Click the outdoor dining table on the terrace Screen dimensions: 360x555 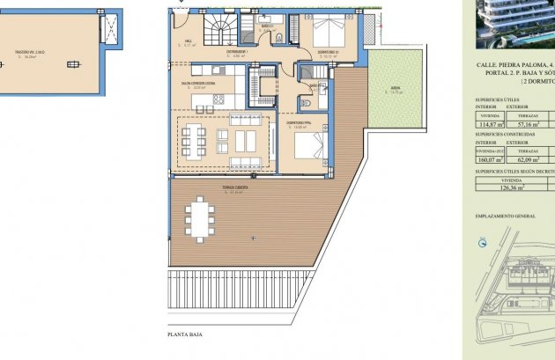[x=200, y=219]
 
